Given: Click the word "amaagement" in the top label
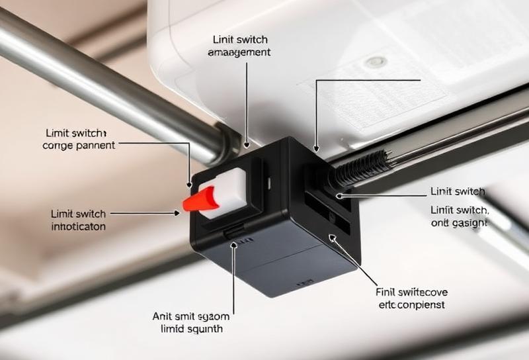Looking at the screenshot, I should [x=239, y=52].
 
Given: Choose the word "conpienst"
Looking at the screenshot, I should [x=421, y=305].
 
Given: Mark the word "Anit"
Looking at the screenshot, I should [x=163, y=316].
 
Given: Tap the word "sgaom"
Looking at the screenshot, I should [x=218, y=316].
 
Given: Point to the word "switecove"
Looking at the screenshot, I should [x=421, y=291].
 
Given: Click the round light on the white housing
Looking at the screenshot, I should [x=376, y=62].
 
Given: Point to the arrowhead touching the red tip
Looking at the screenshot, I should [x=177, y=213].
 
